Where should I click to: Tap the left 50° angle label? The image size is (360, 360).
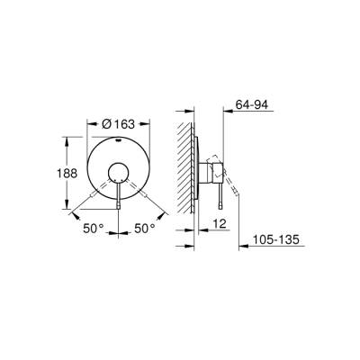[94, 229]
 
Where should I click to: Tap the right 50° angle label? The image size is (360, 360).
[146, 229]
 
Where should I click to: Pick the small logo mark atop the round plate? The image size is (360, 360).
[119, 141]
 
